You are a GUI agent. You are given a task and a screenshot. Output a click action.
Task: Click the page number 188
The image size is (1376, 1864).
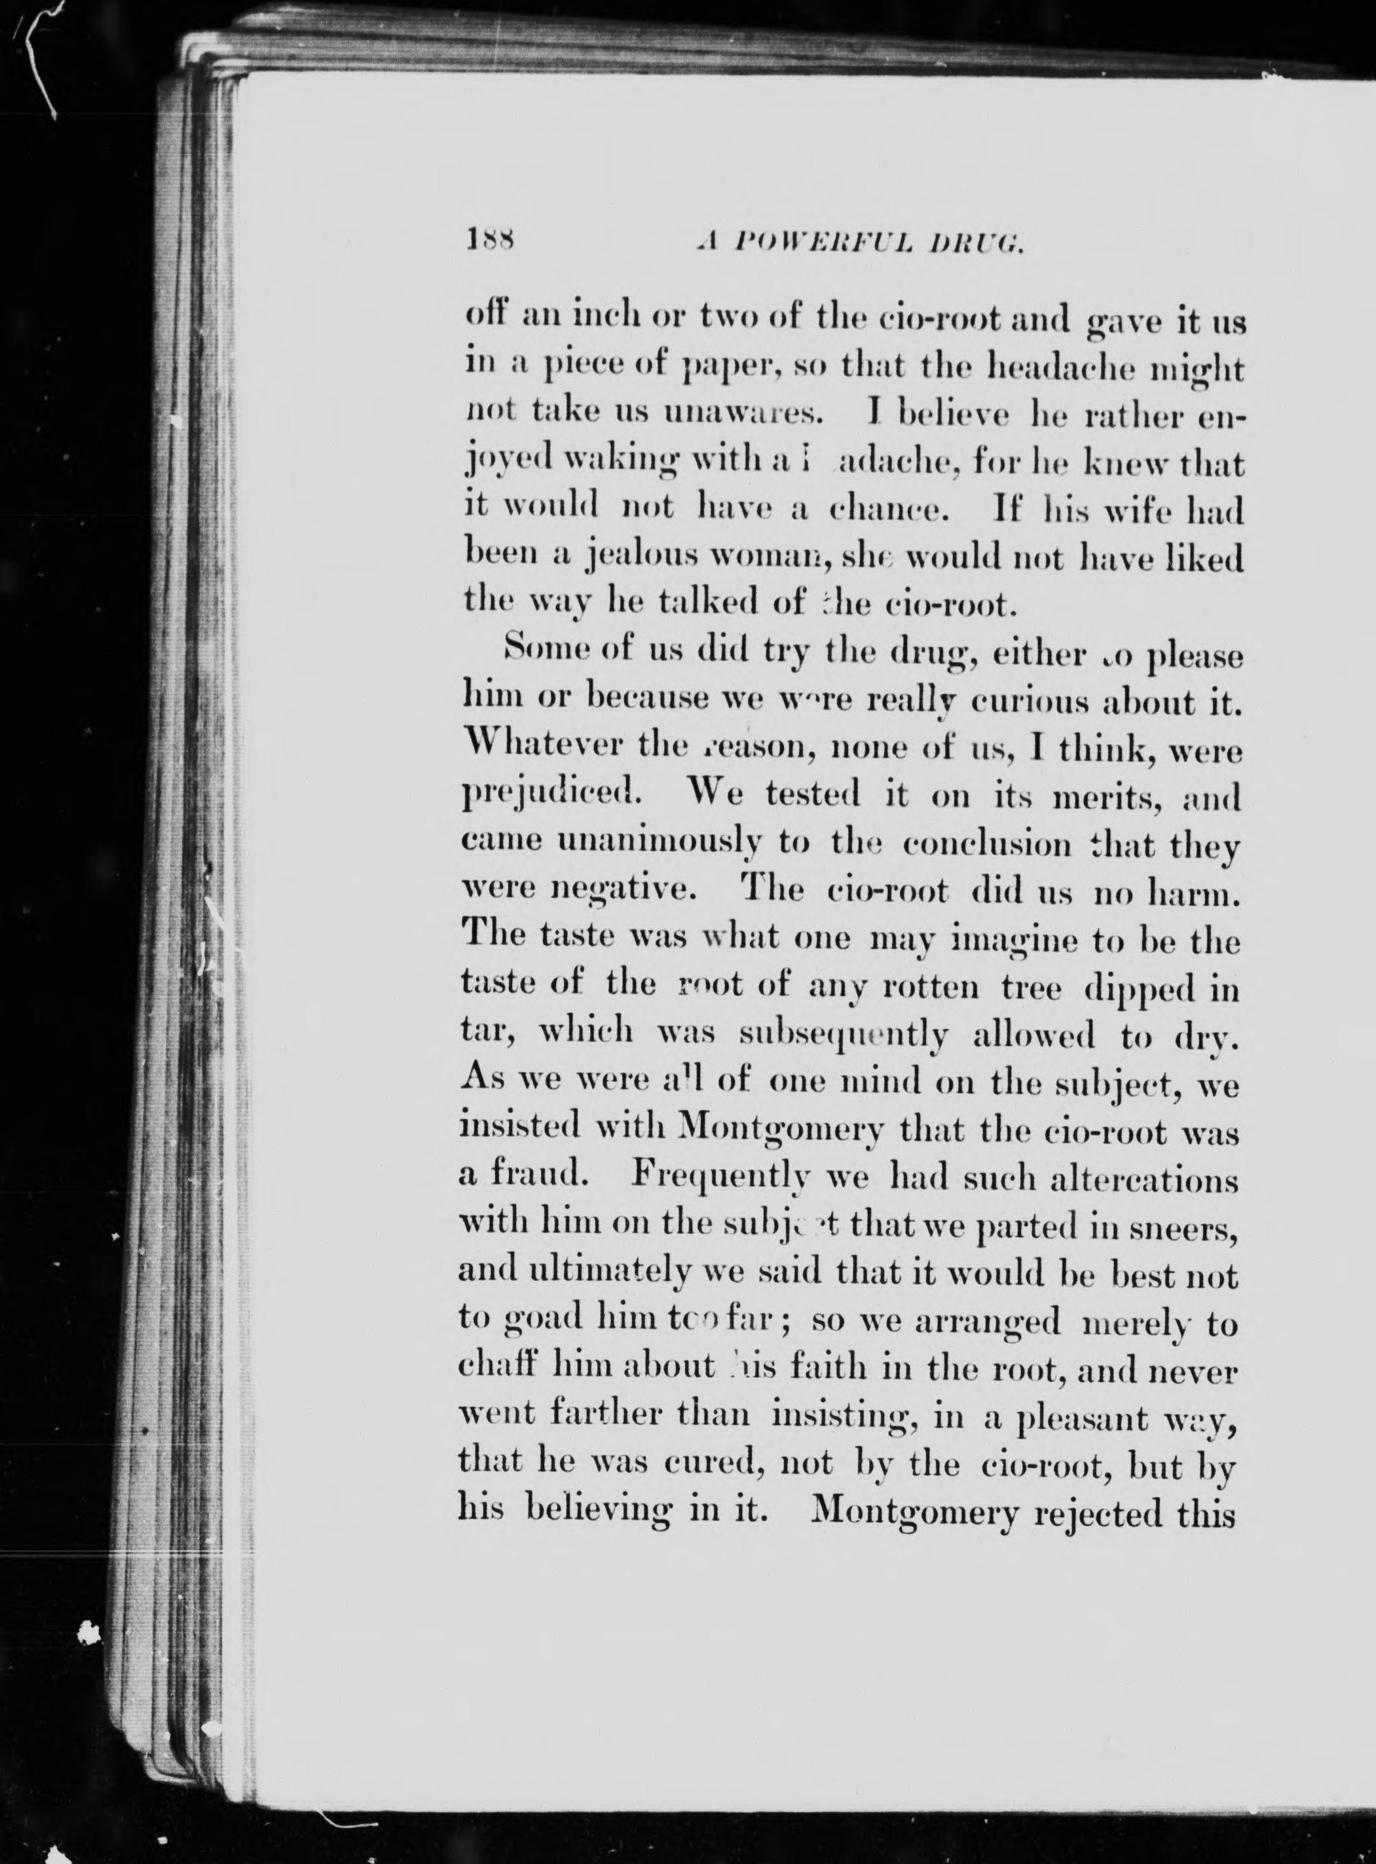pyautogui.click(x=491, y=242)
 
